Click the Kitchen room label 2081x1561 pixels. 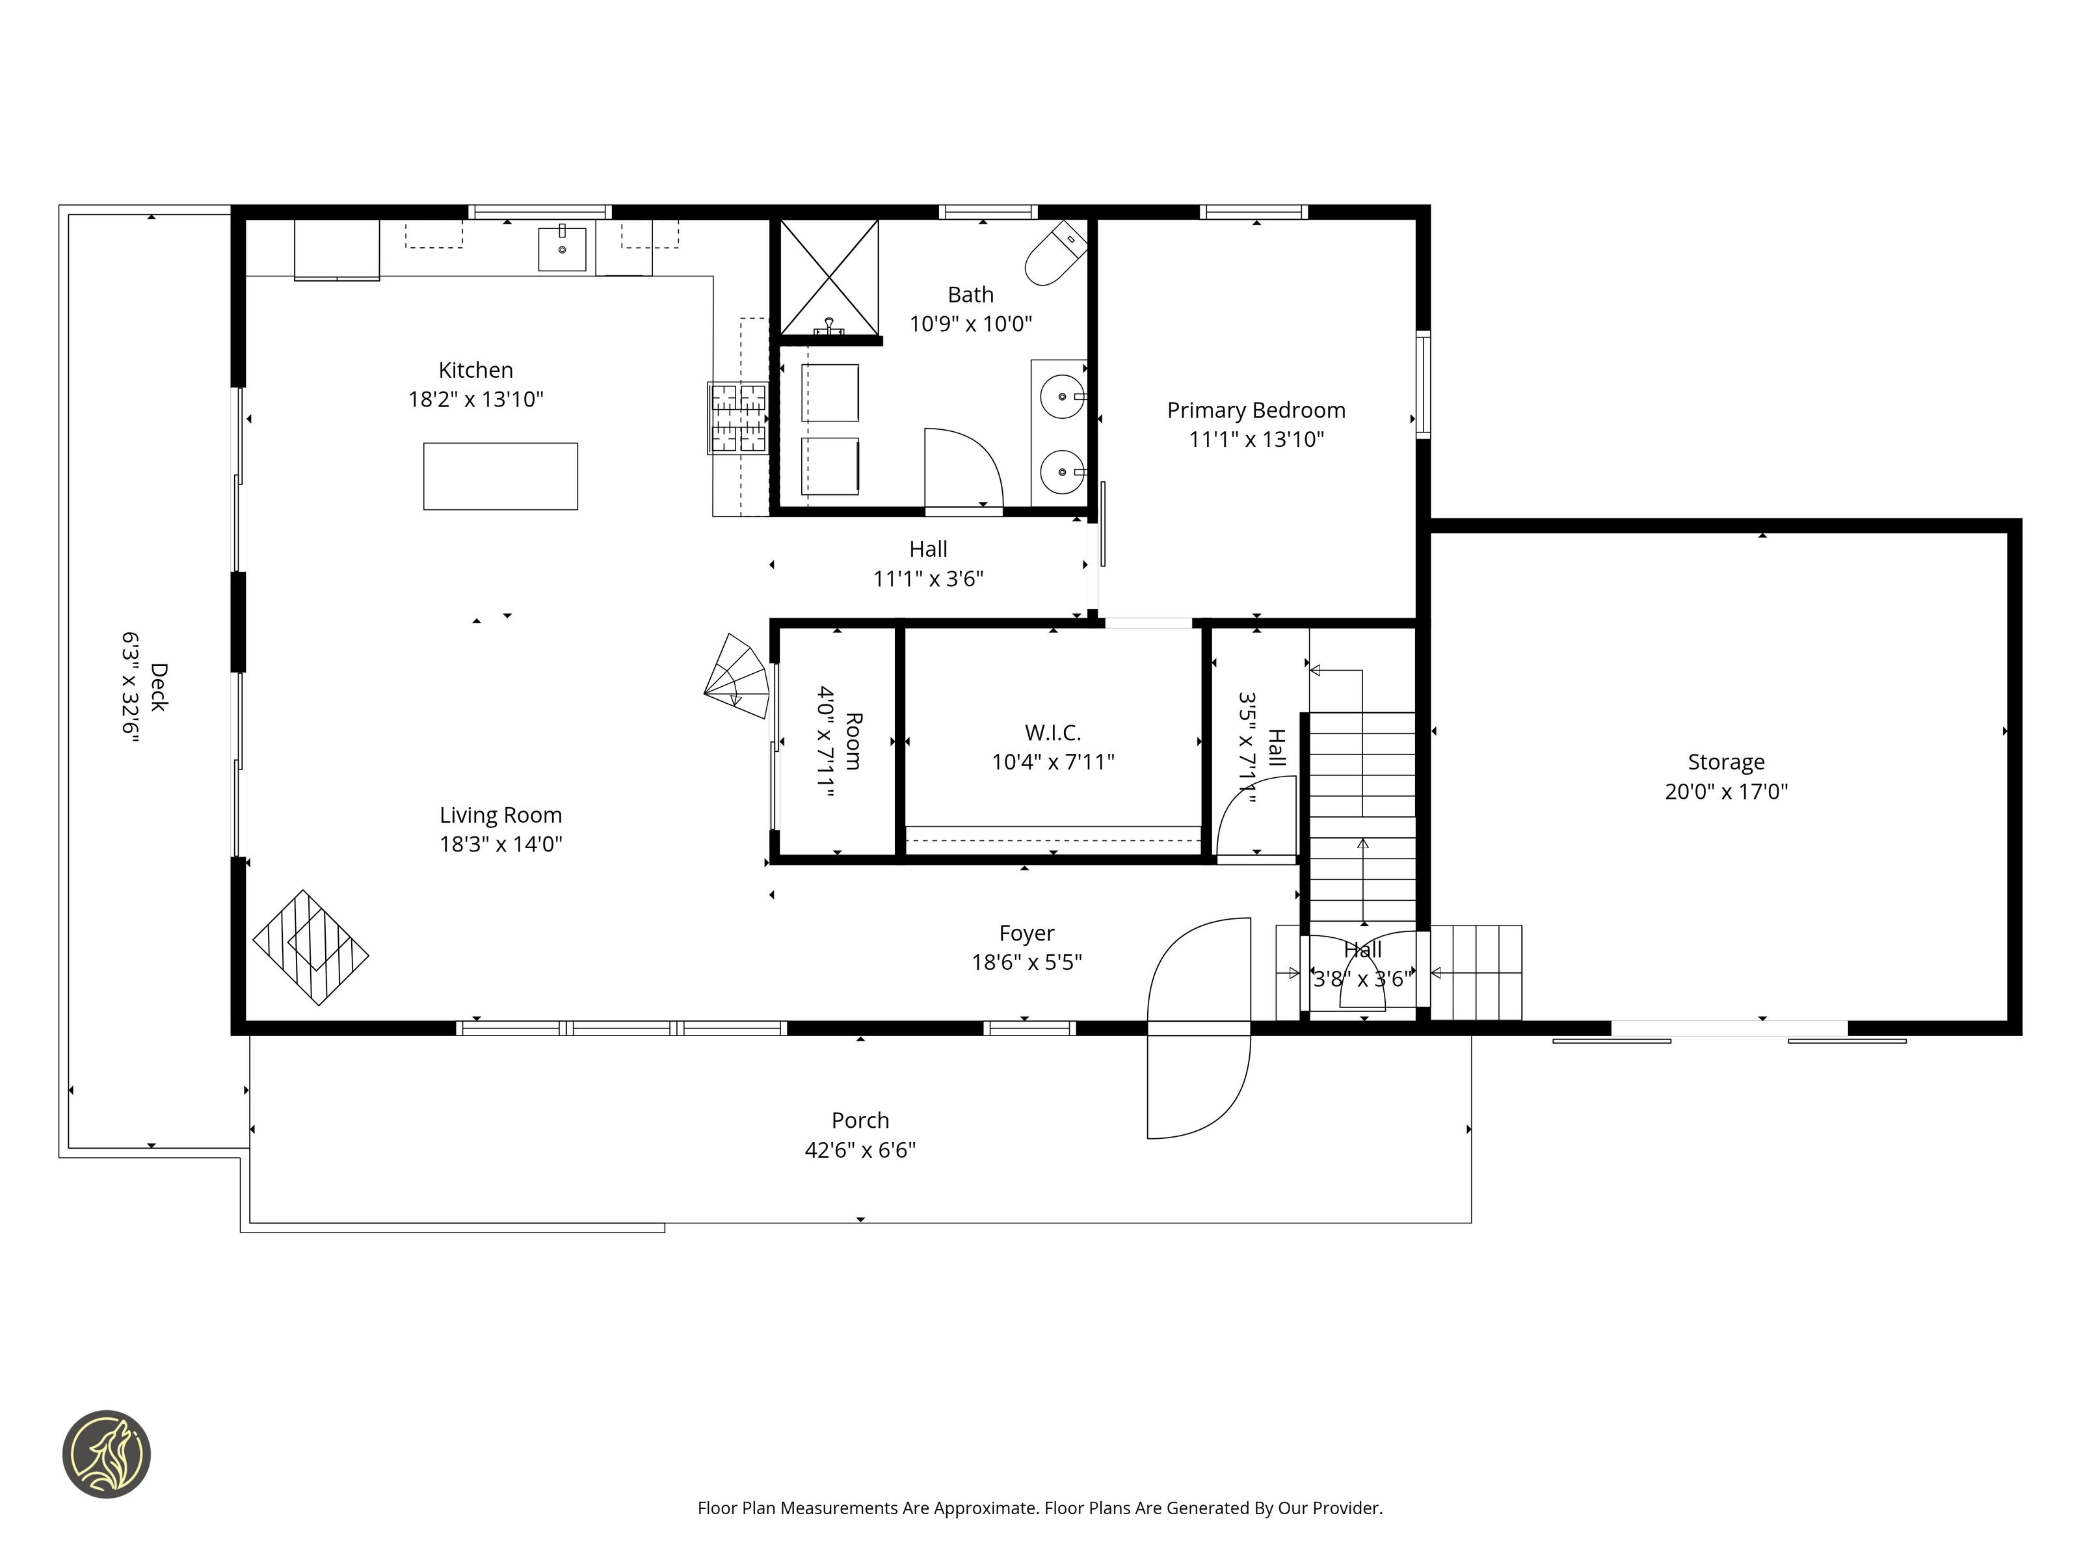click(x=475, y=370)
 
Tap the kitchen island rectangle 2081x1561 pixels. click(x=501, y=476)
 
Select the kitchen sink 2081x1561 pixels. click(x=562, y=248)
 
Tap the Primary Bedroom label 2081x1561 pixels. click(x=1256, y=410)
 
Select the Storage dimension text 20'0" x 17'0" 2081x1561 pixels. click(x=1727, y=792)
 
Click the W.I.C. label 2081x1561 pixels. click(x=1053, y=732)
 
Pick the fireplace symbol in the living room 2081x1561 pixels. click(x=310, y=948)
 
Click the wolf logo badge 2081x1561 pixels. click(x=106, y=1454)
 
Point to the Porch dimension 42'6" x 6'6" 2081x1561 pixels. click(x=860, y=1150)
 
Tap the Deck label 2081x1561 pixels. click(x=158, y=688)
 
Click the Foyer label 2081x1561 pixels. click(x=1026, y=933)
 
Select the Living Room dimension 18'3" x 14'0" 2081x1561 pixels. click(x=501, y=844)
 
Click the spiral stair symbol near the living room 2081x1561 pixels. click(x=737, y=676)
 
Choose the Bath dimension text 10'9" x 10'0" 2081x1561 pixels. click(x=970, y=324)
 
